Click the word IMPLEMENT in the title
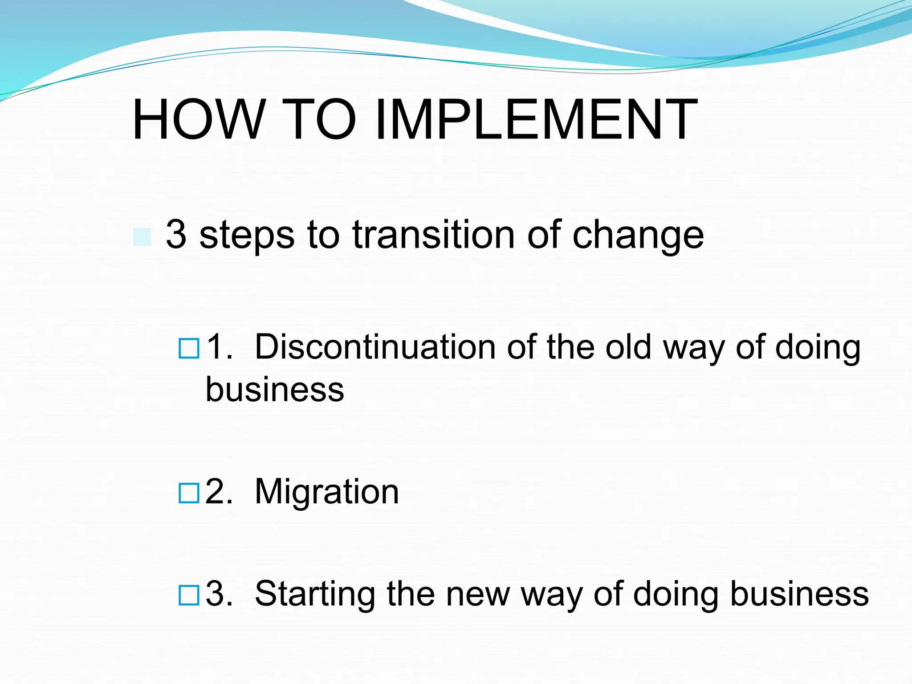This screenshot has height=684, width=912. click(x=536, y=120)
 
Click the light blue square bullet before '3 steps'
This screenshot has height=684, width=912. click(x=142, y=237)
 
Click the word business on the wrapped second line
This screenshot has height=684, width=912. click(x=275, y=389)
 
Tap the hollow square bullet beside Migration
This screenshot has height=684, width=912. click(x=189, y=493)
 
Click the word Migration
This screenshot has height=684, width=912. click(x=326, y=492)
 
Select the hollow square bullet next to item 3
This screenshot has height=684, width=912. click(x=189, y=595)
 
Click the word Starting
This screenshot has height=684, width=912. click(x=315, y=594)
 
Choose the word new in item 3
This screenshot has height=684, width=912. click(x=477, y=594)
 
